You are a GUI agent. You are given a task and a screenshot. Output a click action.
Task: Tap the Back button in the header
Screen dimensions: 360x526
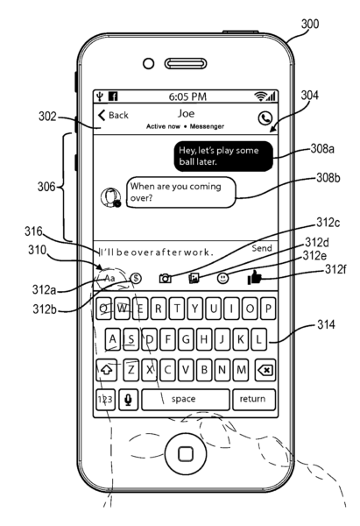[x=113, y=116]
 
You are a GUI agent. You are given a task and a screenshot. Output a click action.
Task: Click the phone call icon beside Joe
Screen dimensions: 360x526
[x=265, y=118]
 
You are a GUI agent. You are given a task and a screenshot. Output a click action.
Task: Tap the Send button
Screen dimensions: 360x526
[x=261, y=248]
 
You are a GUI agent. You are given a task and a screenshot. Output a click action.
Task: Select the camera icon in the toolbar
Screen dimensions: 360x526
[x=165, y=278]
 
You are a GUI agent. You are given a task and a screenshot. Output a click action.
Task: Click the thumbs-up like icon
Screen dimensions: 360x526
[x=254, y=278]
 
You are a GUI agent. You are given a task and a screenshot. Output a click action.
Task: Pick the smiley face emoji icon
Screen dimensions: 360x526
[x=222, y=278]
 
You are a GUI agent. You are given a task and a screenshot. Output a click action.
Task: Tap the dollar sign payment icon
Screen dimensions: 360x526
[x=136, y=278]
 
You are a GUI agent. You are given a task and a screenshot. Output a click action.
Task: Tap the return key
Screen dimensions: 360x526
[x=254, y=399]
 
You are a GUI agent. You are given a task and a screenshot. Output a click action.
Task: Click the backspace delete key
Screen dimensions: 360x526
[x=265, y=370]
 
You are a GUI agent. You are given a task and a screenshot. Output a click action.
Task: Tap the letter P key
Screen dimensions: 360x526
[x=268, y=309]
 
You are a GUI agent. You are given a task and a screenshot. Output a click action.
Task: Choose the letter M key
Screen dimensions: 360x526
[x=240, y=370]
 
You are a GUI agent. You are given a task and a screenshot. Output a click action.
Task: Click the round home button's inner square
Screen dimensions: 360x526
[x=186, y=454]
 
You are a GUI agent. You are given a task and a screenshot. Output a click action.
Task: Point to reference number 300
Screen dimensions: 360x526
[x=310, y=25]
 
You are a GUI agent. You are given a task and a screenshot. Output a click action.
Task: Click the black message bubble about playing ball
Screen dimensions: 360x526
[x=223, y=156]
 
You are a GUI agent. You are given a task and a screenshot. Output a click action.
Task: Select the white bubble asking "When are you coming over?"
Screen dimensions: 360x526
[x=181, y=193]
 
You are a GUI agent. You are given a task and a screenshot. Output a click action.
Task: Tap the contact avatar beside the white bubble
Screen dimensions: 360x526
[x=110, y=197]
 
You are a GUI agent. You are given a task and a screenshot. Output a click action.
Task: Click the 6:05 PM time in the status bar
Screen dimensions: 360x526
[x=187, y=96]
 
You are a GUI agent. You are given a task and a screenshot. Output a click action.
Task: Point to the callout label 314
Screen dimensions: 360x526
[x=326, y=324]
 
